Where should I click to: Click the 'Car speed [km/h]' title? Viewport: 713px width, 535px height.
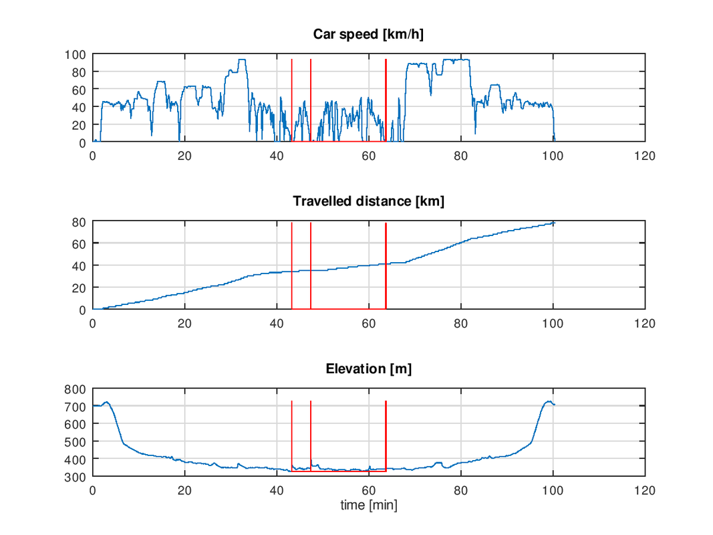368,35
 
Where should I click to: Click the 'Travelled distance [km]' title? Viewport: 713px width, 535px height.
368,201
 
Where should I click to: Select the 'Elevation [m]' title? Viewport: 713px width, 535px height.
368,368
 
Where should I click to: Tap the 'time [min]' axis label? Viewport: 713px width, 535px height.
368,505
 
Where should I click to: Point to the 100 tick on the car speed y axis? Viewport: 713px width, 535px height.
76,54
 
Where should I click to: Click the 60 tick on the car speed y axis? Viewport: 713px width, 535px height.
79,90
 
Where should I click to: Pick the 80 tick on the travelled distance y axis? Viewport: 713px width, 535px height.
79,221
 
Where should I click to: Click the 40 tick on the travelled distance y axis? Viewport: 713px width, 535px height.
79,265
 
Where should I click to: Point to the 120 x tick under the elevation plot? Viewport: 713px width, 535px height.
645,490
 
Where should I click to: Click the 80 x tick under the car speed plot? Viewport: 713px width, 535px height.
460,156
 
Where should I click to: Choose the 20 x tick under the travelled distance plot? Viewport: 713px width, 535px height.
184,323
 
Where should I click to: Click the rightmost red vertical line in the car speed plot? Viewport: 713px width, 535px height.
386,100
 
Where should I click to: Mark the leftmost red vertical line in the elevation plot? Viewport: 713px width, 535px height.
292,435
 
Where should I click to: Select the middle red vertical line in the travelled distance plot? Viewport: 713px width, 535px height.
311,267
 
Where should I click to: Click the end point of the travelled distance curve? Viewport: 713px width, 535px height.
554,222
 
